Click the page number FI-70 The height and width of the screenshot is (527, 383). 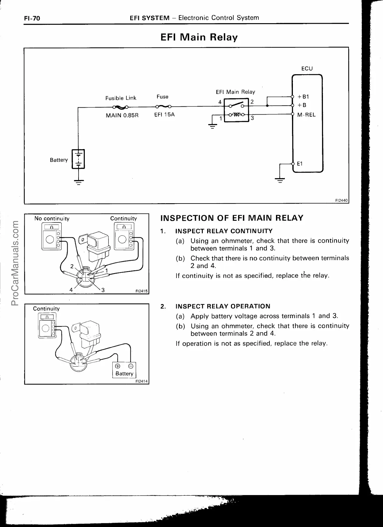pos(32,18)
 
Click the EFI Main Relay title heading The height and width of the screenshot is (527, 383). pos(199,37)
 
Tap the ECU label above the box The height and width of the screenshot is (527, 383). pos(307,69)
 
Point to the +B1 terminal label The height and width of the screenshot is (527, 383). pos(303,97)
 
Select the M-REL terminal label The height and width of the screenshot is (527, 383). pos(306,115)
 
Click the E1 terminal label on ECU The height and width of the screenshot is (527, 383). pos(299,163)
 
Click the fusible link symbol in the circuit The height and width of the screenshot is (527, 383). pos(121,107)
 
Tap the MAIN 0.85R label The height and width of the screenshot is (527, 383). pos(122,115)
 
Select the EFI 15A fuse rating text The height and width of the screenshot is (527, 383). pos(164,115)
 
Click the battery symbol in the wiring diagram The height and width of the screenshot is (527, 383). pos(78,159)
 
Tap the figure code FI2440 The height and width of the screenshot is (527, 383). pos(342,200)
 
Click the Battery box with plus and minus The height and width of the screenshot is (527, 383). pos(124,370)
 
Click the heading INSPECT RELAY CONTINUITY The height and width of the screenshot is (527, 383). pos(224,231)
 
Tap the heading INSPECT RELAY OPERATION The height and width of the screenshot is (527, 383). pos(223,306)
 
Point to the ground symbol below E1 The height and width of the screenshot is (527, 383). pos(280,180)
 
